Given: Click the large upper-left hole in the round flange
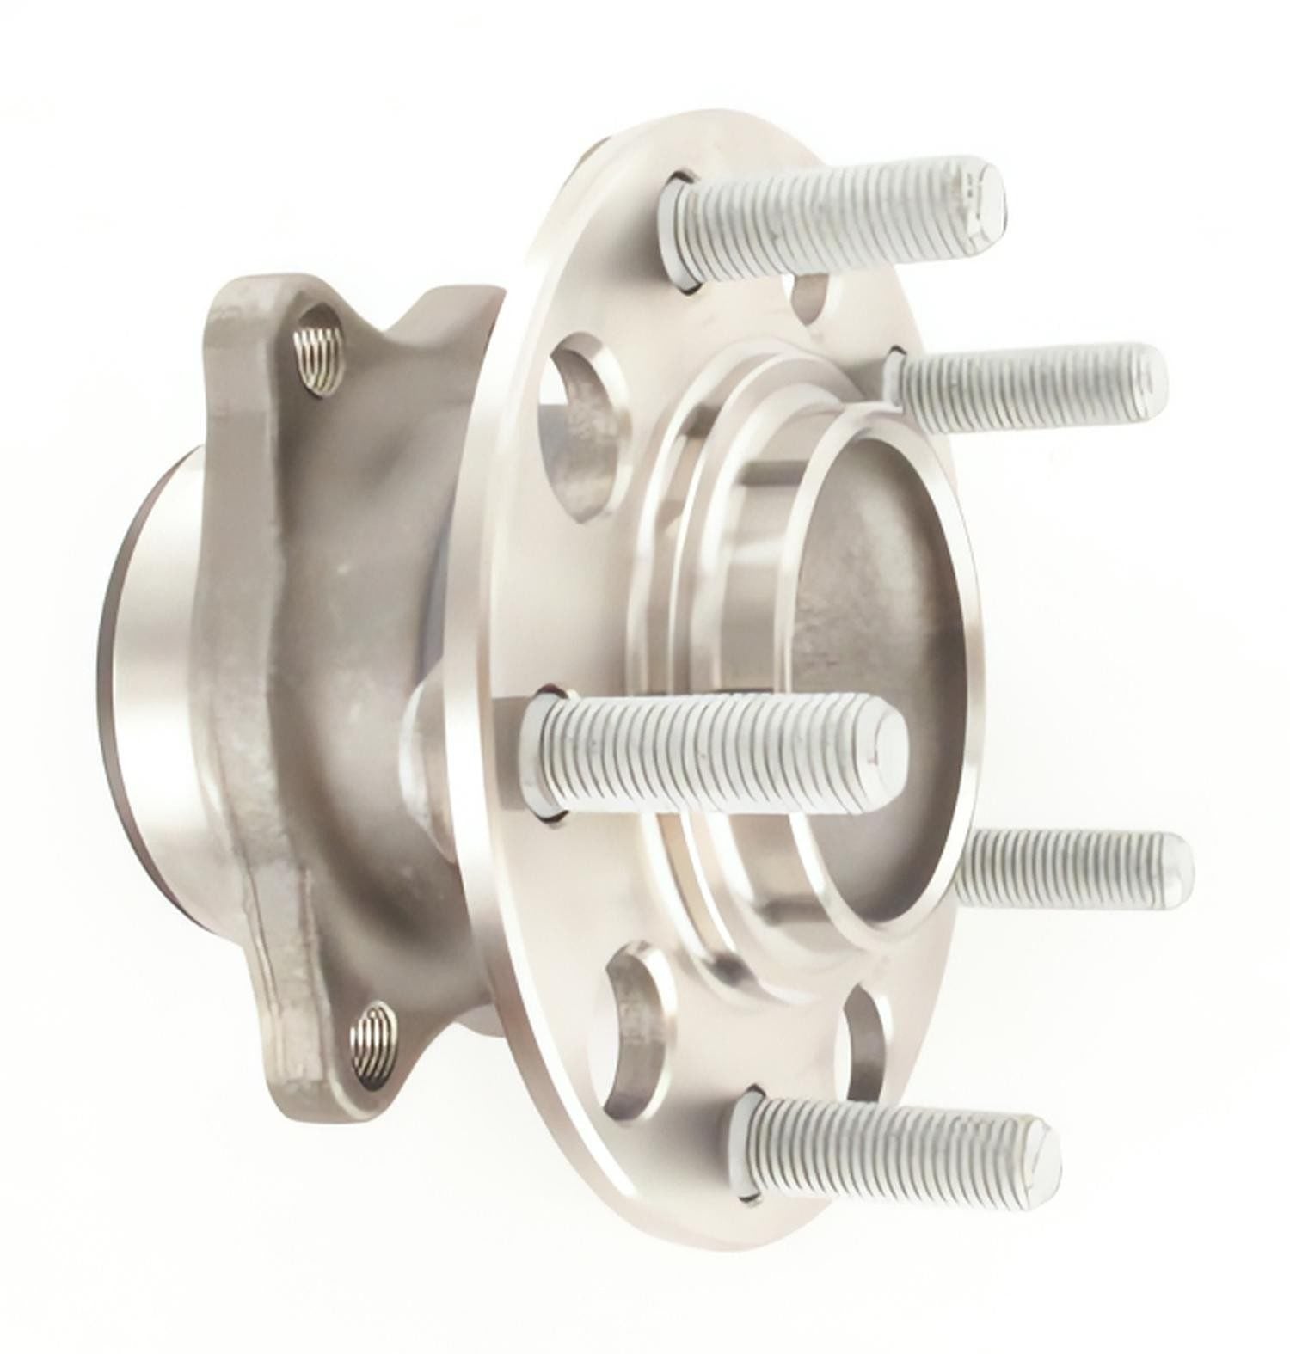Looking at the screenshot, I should coord(581,404).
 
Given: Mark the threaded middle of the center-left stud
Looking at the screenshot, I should coord(705,748).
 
